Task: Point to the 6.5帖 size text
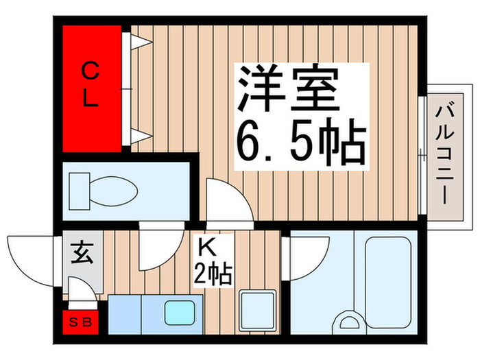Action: pyautogui.click(x=300, y=142)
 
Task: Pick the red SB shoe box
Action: pyautogui.click(x=81, y=321)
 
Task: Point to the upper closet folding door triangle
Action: pyautogui.click(x=139, y=43)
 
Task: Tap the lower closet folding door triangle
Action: pyautogui.click(x=139, y=135)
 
